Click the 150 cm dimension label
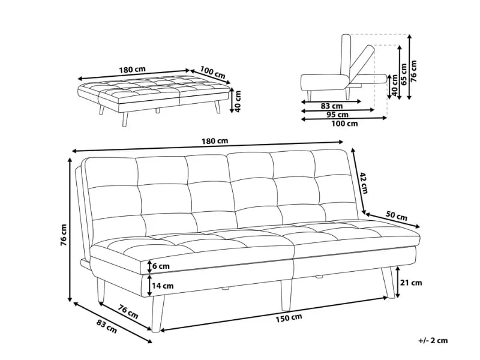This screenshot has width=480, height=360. coord(289,317)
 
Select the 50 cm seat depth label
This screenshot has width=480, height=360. coord(397,216)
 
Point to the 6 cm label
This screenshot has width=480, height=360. coord(161,266)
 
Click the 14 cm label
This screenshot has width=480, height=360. coord(163,286)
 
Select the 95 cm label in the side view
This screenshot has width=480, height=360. coord(338,115)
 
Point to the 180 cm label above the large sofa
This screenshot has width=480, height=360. coord(214,141)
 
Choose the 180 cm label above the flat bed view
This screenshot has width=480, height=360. coord(132,69)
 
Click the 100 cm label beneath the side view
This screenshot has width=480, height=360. coord(344,124)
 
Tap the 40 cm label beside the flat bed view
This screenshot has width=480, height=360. coord(238,102)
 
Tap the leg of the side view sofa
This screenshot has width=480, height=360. coord(310,95)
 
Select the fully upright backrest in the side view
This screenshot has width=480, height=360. coord(345,57)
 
